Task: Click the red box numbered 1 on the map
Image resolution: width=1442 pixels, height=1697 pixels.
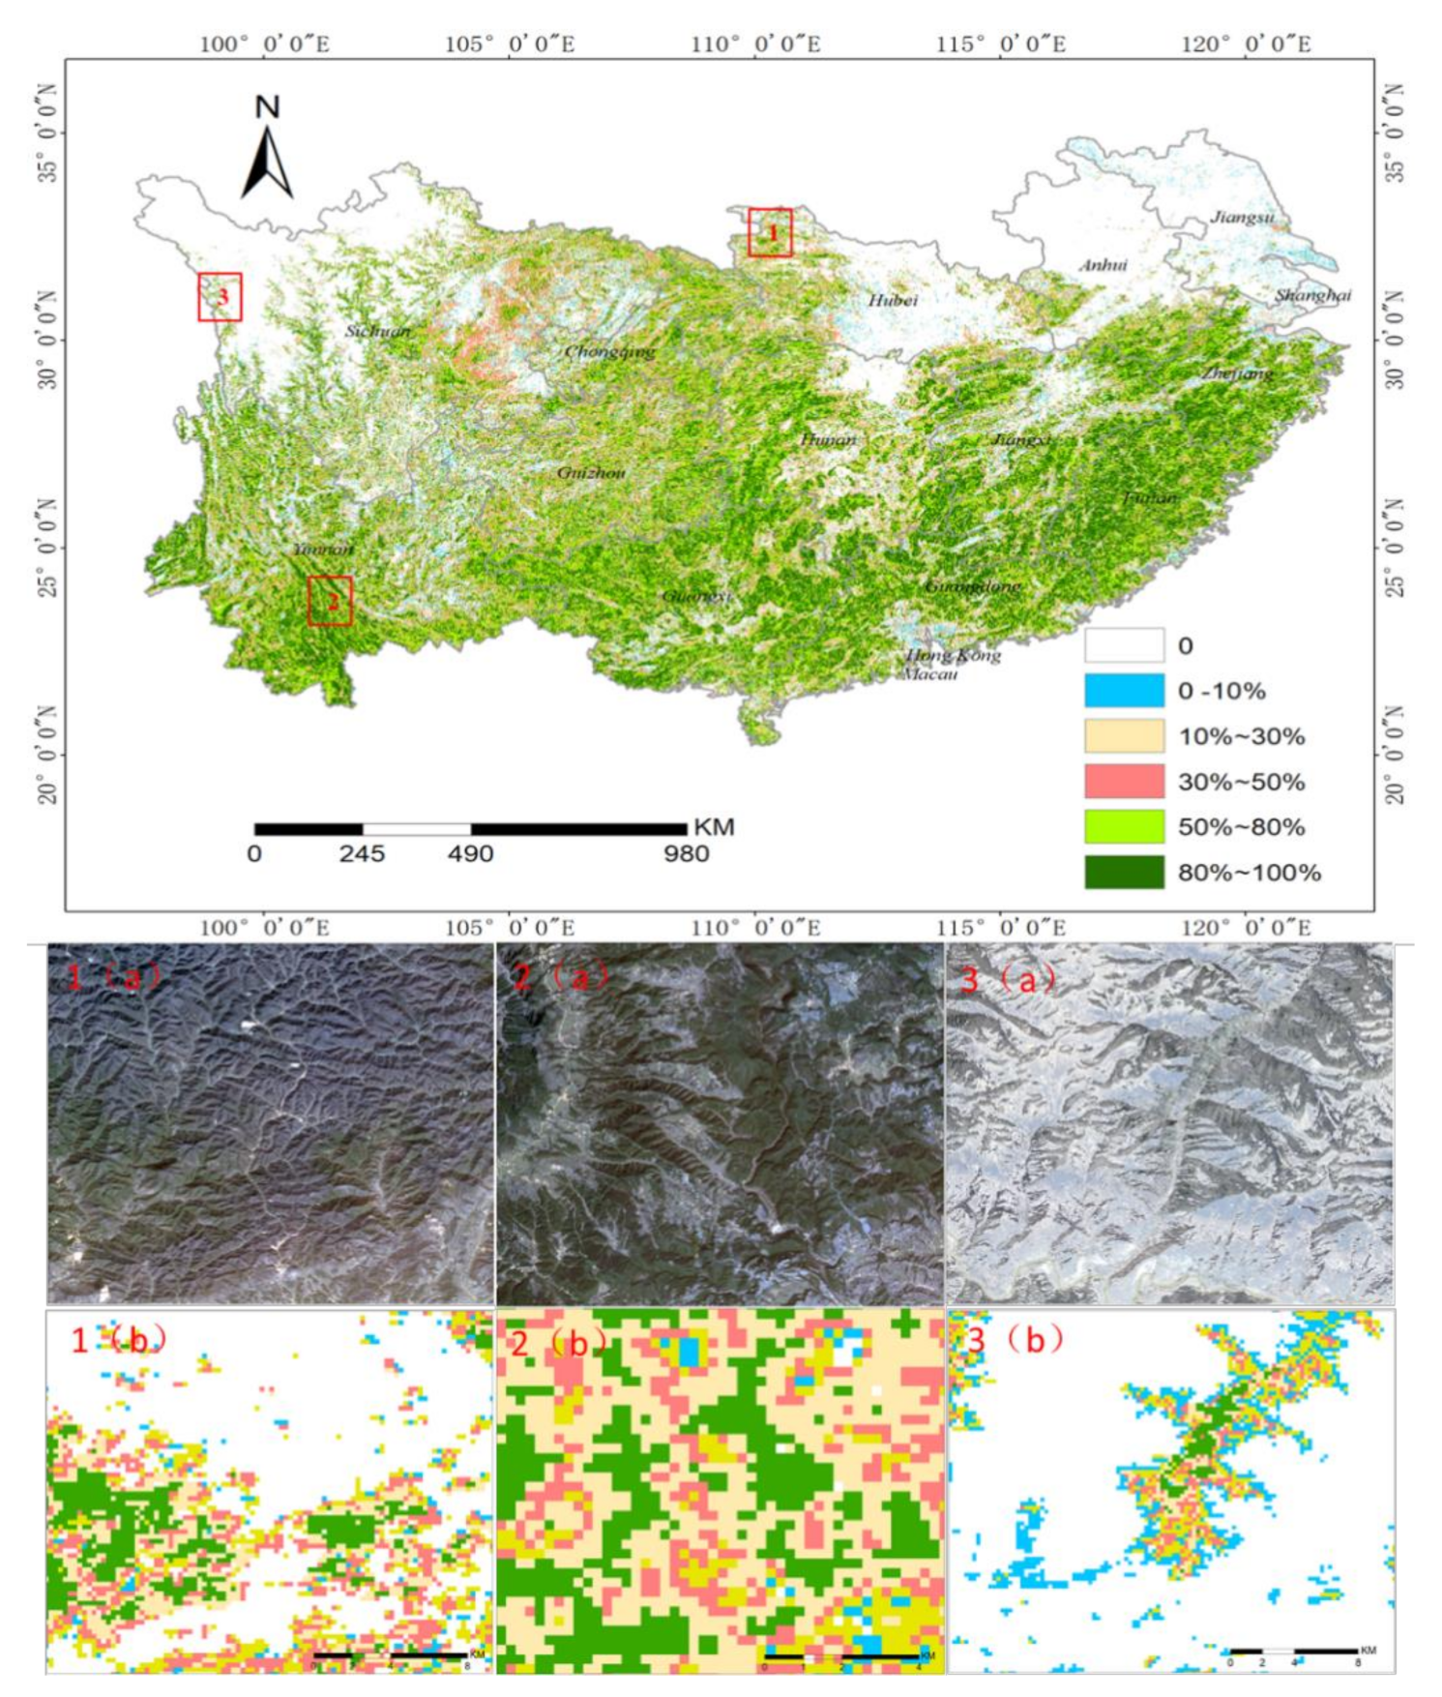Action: (x=770, y=232)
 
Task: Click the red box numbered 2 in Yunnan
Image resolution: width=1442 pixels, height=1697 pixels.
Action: (x=330, y=601)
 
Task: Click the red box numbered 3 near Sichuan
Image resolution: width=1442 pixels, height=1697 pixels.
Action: (x=220, y=297)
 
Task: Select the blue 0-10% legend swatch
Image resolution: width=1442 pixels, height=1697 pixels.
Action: (x=1124, y=691)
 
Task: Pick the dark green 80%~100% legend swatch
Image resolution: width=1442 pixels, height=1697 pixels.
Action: (x=1124, y=872)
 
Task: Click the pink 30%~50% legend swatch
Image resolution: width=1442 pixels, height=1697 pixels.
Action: (x=1124, y=781)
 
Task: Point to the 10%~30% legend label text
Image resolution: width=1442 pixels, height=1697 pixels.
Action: (x=1241, y=736)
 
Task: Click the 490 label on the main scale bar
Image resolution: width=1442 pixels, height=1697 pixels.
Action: (x=470, y=854)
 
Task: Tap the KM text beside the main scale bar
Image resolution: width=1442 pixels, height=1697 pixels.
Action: (x=714, y=827)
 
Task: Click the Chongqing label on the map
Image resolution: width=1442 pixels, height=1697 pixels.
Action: (x=609, y=351)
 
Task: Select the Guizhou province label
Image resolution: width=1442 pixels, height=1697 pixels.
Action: (x=591, y=473)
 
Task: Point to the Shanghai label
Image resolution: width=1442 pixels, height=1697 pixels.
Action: (x=1312, y=295)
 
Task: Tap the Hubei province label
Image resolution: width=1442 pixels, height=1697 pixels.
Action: (x=892, y=301)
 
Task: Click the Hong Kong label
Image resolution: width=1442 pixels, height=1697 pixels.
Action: (x=953, y=655)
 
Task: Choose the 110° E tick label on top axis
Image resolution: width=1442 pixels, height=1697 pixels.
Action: (x=755, y=45)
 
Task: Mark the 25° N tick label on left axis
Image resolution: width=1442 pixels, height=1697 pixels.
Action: (x=46, y=548)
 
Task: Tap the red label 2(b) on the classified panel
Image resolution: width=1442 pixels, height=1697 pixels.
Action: (x=561, y=1340)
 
